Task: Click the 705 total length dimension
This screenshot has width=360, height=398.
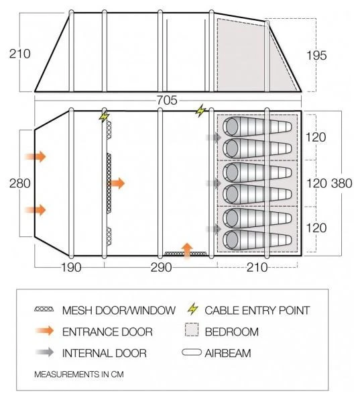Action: [167, 100]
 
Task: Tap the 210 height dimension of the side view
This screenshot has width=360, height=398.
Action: [19, 54]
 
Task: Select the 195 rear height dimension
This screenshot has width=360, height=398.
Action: [316, 56]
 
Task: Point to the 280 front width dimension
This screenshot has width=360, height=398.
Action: [19, 183]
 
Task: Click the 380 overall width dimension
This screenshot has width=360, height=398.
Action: [341, 183]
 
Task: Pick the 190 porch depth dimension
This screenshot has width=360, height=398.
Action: [72, 267]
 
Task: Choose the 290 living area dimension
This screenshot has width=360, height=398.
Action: [162, 267]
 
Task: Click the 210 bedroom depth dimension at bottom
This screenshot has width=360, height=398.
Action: [257, 267]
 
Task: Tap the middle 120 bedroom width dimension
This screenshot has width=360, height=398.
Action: [316, 183]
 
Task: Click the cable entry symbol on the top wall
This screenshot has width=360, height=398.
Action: [200, 111]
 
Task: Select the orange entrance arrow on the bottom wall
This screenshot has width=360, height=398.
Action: [187, 251]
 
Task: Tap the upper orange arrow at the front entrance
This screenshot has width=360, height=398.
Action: [36, 156]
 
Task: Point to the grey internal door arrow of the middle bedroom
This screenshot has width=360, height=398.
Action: [214, 183]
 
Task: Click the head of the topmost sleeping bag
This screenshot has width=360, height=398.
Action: [231, 126]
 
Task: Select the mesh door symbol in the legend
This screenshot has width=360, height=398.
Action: [44, 309]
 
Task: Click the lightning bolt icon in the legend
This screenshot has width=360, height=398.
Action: [193, 309]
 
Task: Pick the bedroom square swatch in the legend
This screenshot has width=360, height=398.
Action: [192, 330]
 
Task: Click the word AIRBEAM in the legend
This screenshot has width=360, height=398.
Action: [228, 353]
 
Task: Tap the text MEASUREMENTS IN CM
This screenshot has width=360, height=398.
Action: [79, 375]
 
